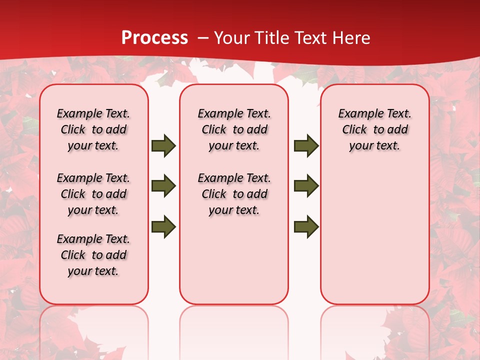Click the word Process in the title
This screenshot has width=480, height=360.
[154, 38]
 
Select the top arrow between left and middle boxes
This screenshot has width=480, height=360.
[163, 145]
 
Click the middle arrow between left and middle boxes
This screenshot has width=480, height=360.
[163, 186]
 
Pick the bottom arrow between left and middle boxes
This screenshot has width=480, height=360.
[163, 226]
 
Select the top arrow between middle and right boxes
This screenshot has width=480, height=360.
[306, 145]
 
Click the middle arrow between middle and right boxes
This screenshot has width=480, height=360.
[306, 186]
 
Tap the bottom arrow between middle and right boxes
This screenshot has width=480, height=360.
[306, 226]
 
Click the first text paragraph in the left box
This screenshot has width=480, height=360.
[93, 129]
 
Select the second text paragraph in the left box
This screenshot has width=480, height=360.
[93, 194]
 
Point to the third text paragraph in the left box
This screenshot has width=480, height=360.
[93, 255]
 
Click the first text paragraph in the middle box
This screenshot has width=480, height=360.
[234, 129]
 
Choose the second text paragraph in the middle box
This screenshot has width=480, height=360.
[234, 194]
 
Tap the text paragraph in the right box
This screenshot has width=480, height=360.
[374, 129]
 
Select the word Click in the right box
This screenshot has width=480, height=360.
[354, 130]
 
